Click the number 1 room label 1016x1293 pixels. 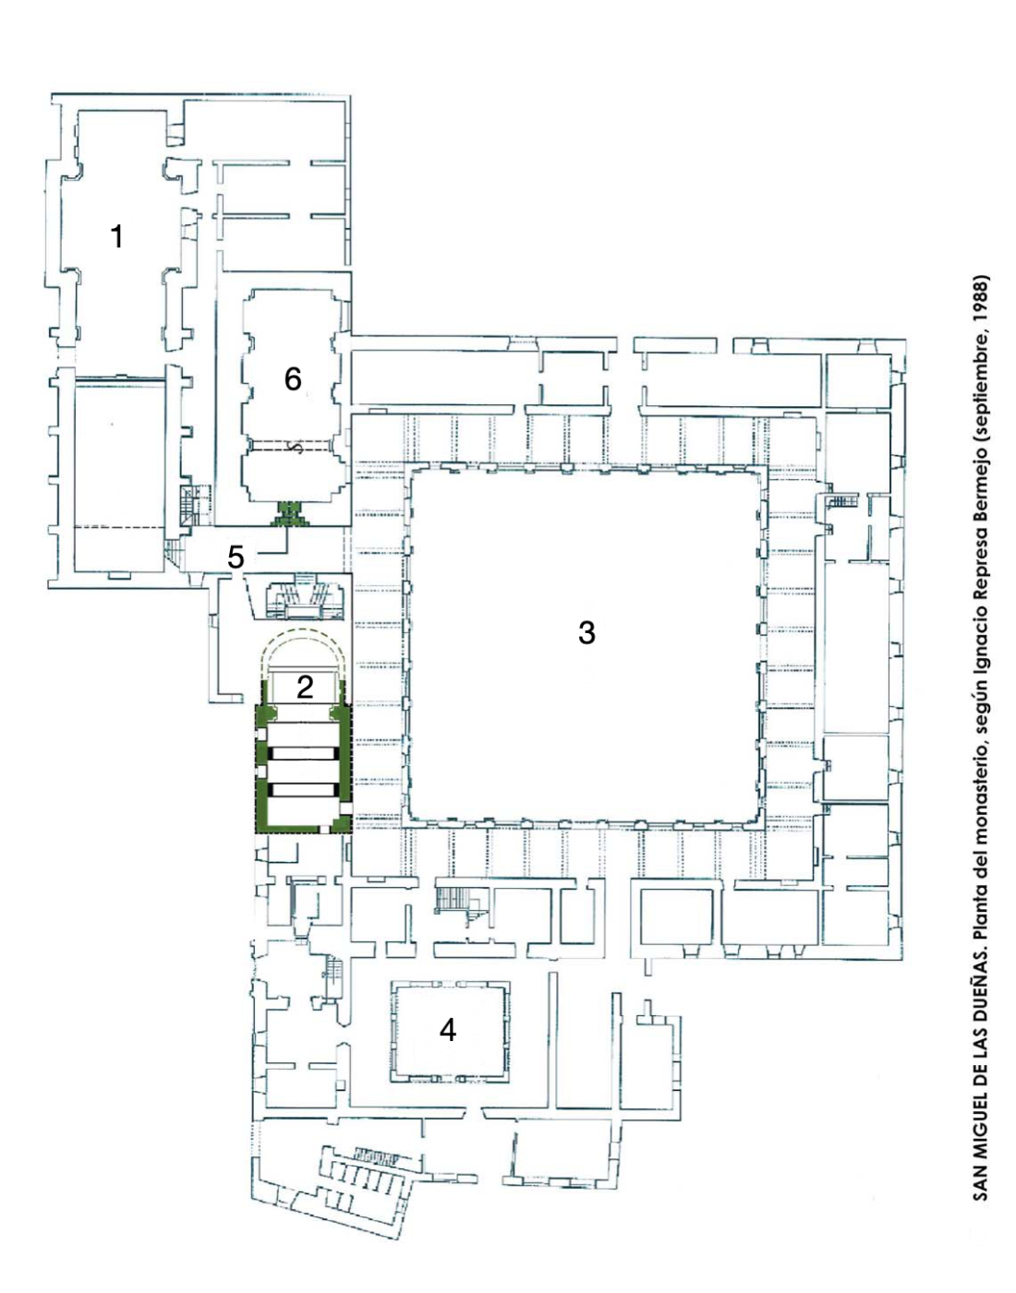[x=117, y=236]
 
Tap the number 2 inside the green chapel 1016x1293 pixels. [x=305, y=688]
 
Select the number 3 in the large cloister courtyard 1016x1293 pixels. [x=587, y=632]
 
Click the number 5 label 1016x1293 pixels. [x=236, y=557]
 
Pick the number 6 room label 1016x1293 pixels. [x=293, y=379]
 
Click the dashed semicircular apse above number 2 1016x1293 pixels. [x=305, y=629]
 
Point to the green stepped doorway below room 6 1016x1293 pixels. [x=291, y=513]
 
